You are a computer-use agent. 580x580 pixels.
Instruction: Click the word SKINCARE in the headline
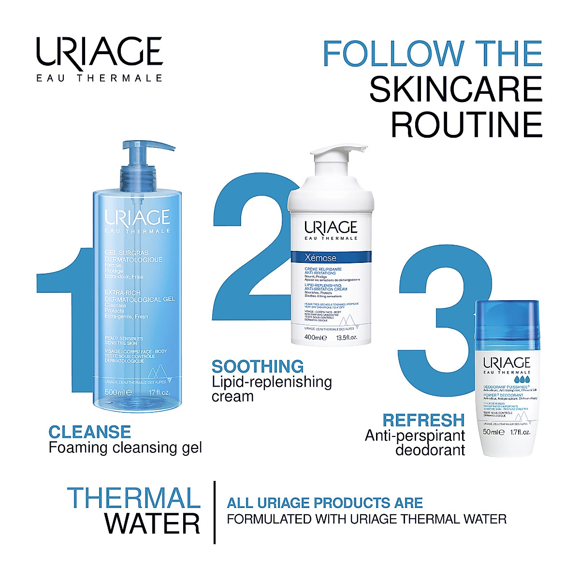(455, 89)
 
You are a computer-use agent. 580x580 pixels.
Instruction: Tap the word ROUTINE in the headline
(466, 125)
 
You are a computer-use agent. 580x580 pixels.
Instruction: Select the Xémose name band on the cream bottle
(331, 257)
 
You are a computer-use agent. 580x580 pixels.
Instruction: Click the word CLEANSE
(90, 432)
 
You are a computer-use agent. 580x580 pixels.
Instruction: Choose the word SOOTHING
(258, 366)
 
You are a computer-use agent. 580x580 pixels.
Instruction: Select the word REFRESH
(423, 420)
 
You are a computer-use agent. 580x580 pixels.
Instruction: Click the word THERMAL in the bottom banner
(134, 498)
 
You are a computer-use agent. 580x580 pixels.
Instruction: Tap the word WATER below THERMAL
(152, 524)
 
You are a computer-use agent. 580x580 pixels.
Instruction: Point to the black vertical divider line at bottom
(215, 512)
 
